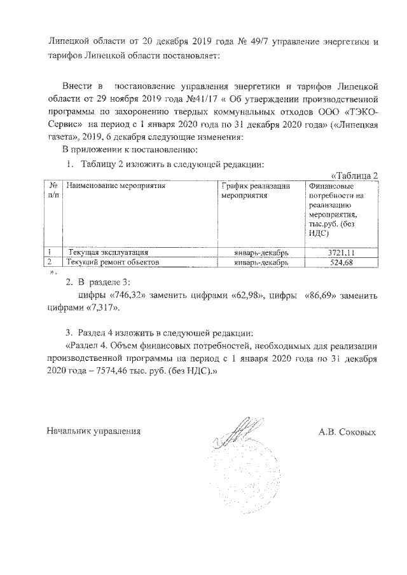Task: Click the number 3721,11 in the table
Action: (x=340, y=252)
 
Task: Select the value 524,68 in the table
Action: (x=340, y=262)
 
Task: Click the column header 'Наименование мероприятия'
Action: (x=116, y=186)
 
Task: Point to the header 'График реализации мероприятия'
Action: (x=256, y=191)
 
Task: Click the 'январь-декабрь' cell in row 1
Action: (x=261, y=252)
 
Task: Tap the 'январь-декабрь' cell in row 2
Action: (x=261, y=262)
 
